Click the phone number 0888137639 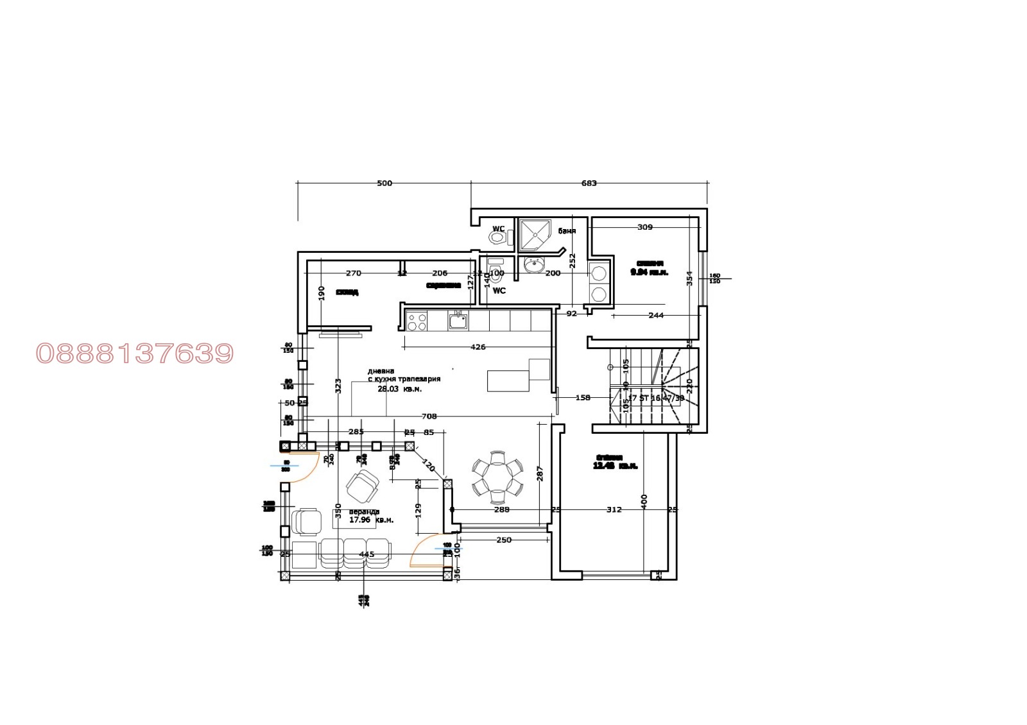click(135, 354)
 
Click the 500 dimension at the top click(384, 183)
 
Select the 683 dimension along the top click(589, 183)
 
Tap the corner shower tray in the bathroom click(536, 234)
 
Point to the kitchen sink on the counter click(458, 320)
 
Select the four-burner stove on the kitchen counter click(417, 321)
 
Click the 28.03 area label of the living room click(388, 389)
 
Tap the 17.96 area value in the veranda click(360, 520)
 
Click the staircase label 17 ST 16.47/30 click(656, 398)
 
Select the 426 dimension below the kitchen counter click(478, 347)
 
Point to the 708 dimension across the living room click(429, 416)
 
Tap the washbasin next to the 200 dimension click(533, 264)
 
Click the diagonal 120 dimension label click(428, 465)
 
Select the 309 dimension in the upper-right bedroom click(644, 227)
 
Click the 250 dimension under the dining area click(504, 540)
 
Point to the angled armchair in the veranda click(363, 486)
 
